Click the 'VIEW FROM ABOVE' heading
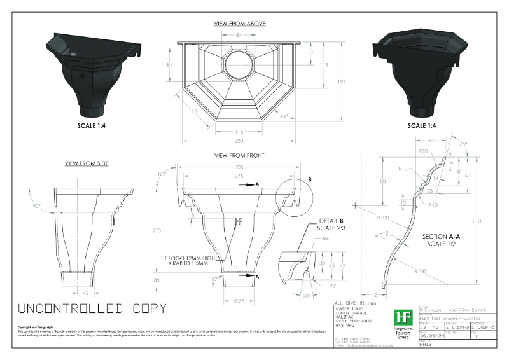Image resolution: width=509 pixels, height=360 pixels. click(x=240, y=24)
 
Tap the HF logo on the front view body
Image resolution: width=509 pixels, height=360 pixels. click(x=239, y=221)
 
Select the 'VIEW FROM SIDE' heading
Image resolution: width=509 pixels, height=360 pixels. click(x=87, y=163)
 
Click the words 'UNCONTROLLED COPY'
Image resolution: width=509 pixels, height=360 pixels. click(x=93, y=308)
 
